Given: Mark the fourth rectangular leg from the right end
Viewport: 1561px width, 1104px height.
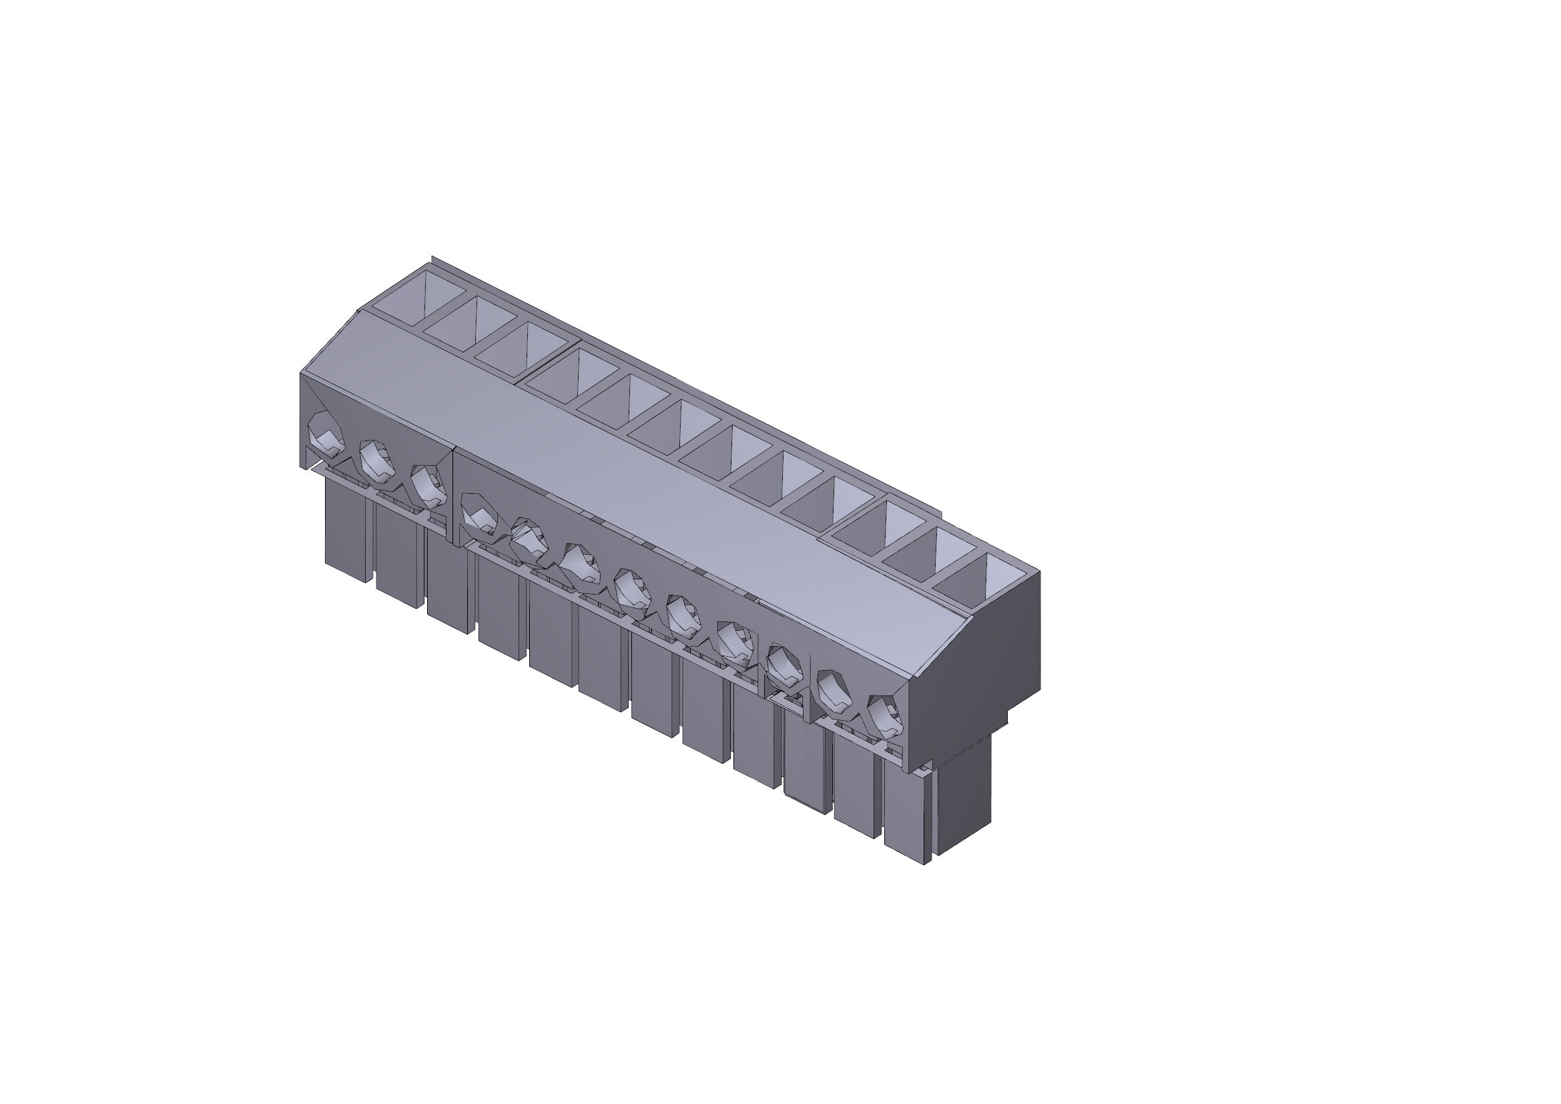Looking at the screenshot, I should point(755,738).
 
